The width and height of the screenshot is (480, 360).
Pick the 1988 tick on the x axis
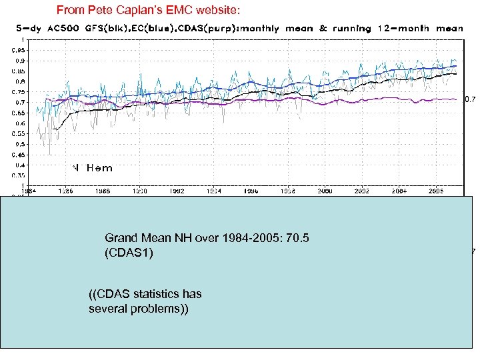[102, 191]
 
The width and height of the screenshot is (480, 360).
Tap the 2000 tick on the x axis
[326, 191]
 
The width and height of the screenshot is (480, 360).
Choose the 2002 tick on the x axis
[362, 191]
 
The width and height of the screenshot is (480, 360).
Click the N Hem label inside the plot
[93, 168]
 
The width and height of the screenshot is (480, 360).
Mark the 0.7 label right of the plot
[469, 100]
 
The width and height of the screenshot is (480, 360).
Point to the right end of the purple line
[456, 99]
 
